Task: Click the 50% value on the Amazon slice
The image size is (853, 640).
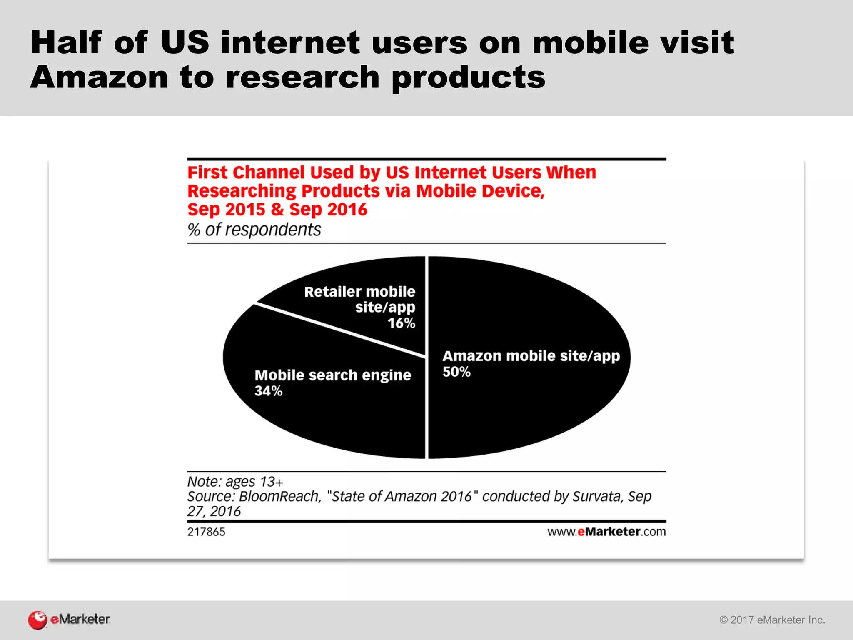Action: (456, 372)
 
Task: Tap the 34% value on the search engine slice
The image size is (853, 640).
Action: (269, 391)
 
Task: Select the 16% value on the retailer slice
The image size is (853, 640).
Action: (401, 323)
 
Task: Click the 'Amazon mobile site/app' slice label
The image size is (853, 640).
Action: (531, 356)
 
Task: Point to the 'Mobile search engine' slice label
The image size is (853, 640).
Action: (333, 375)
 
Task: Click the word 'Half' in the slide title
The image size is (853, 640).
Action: (66, 42)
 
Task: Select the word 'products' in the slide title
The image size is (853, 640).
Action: (469, 78)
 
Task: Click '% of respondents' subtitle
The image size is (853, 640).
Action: (254, 230)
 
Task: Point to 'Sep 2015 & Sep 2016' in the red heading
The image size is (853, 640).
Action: (277, 210)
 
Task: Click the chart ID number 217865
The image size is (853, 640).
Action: (206, 532)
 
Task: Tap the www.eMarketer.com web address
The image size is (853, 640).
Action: (606, 532)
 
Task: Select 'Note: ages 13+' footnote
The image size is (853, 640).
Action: (235, 482)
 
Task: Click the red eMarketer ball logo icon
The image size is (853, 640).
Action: (37, 620)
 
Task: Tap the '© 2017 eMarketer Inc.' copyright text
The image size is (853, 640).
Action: (772, 620)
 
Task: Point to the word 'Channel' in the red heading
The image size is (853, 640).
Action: (269, 172)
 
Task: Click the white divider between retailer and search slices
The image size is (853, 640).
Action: (339, 330)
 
